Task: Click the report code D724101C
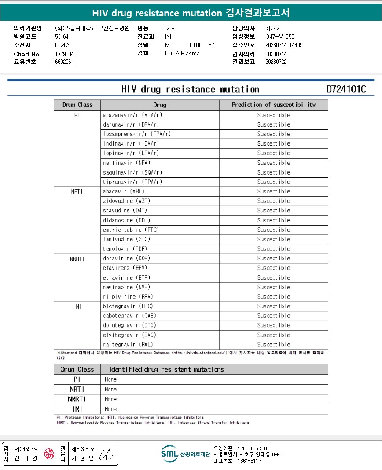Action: [346, 89]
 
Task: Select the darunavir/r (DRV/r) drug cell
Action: [131, 124]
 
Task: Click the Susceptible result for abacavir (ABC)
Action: [274, 192]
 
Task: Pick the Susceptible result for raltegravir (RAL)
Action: [274, 345]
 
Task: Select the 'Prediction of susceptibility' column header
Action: [274, 105]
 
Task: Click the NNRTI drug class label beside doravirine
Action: [77, 259]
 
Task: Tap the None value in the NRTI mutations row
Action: [111, 390]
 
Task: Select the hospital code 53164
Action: [62, 36]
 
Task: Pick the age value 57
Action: [211, 45]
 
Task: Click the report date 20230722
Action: [276, 62]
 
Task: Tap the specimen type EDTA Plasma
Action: [182, 53]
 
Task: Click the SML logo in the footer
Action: [169, 454]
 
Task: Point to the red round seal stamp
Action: [49, 453]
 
